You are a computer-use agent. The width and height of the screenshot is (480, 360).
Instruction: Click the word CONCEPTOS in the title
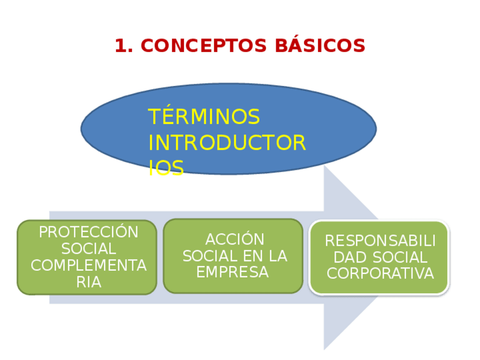204,46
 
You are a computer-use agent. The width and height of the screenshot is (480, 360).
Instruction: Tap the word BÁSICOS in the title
320,46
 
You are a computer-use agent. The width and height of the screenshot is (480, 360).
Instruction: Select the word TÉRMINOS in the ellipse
204,117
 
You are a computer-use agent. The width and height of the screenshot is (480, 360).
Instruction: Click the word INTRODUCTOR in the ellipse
227,143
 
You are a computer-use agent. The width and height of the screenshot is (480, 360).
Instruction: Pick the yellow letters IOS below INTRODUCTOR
166,168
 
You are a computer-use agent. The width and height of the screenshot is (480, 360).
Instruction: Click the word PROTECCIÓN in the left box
88,232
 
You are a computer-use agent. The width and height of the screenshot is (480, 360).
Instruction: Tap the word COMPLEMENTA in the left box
88,265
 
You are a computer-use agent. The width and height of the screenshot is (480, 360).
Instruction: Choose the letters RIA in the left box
88,282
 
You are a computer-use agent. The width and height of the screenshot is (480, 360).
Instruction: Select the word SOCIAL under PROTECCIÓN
88,248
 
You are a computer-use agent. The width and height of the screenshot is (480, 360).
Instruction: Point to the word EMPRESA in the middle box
232,272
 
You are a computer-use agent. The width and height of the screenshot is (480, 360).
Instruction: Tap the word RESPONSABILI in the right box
380,241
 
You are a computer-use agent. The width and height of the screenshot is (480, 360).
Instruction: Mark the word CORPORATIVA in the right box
380,274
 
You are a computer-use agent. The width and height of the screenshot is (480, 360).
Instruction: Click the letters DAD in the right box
346,258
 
